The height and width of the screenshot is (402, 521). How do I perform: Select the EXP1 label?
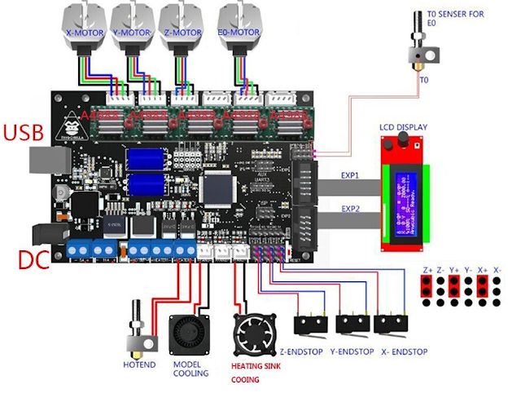pos(350,174)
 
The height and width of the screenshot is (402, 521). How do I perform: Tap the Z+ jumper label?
pos(427,268)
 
